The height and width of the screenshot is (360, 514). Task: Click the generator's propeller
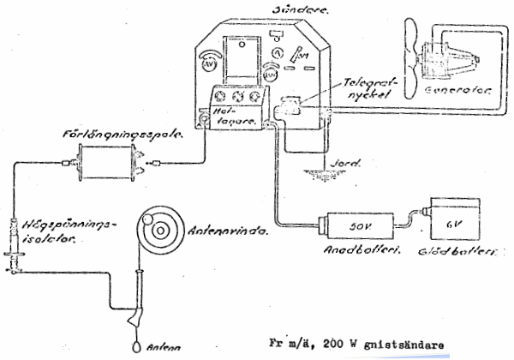pos(410,51)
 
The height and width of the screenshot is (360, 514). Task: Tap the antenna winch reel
pos(160,227)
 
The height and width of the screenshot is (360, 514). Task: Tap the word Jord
pos(338,159)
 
